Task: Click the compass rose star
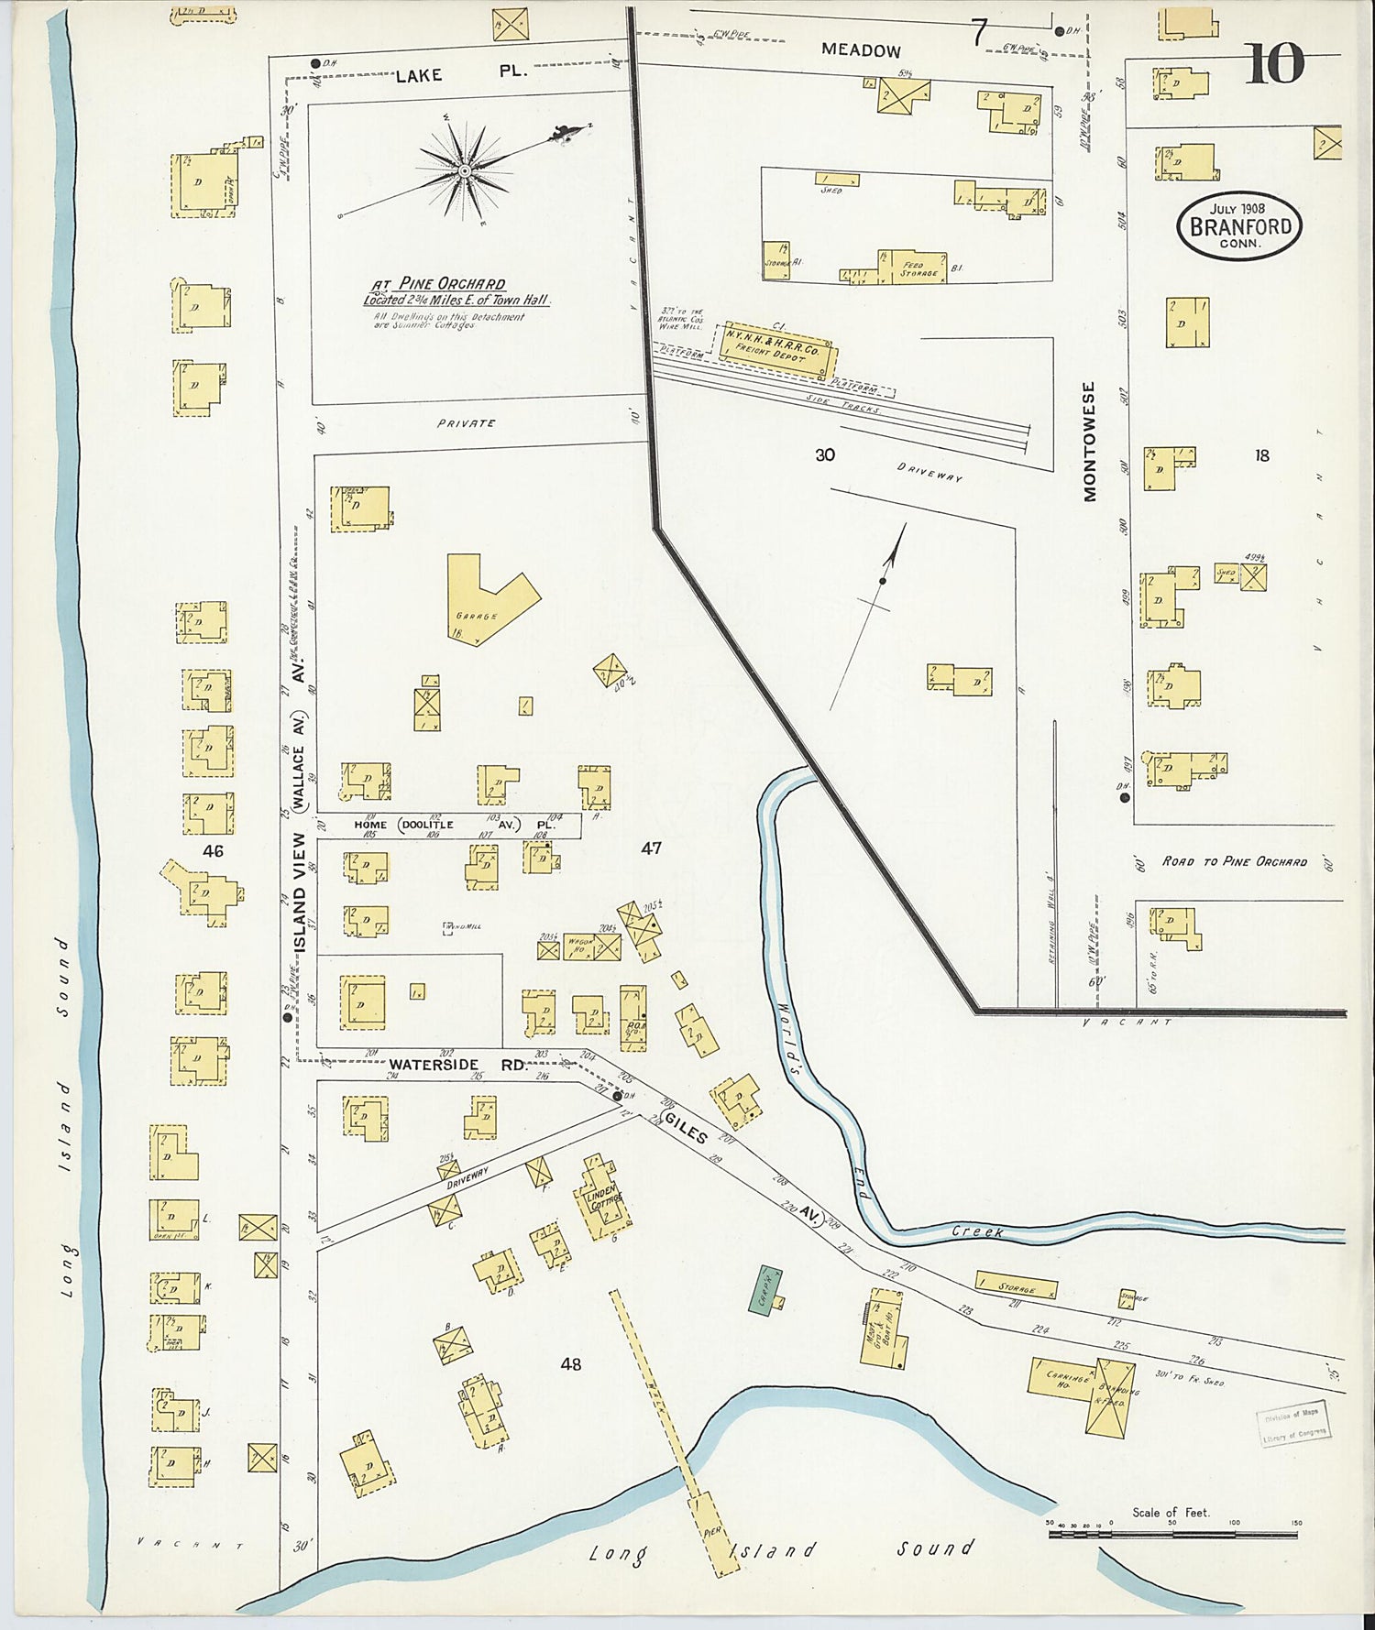click(465, 170)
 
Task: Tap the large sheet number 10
click(1274, 64)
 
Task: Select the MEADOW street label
click(860, 50)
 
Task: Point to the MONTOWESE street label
click(1089, 442)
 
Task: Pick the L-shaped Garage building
click(486, 600)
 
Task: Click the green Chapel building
click(764, 1290)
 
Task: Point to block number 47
click(651, 848)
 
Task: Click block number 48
click(570, 1364)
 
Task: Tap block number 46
click(213, 851)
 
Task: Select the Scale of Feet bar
click(1172, 1534)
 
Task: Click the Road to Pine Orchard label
click(1234, 861)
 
